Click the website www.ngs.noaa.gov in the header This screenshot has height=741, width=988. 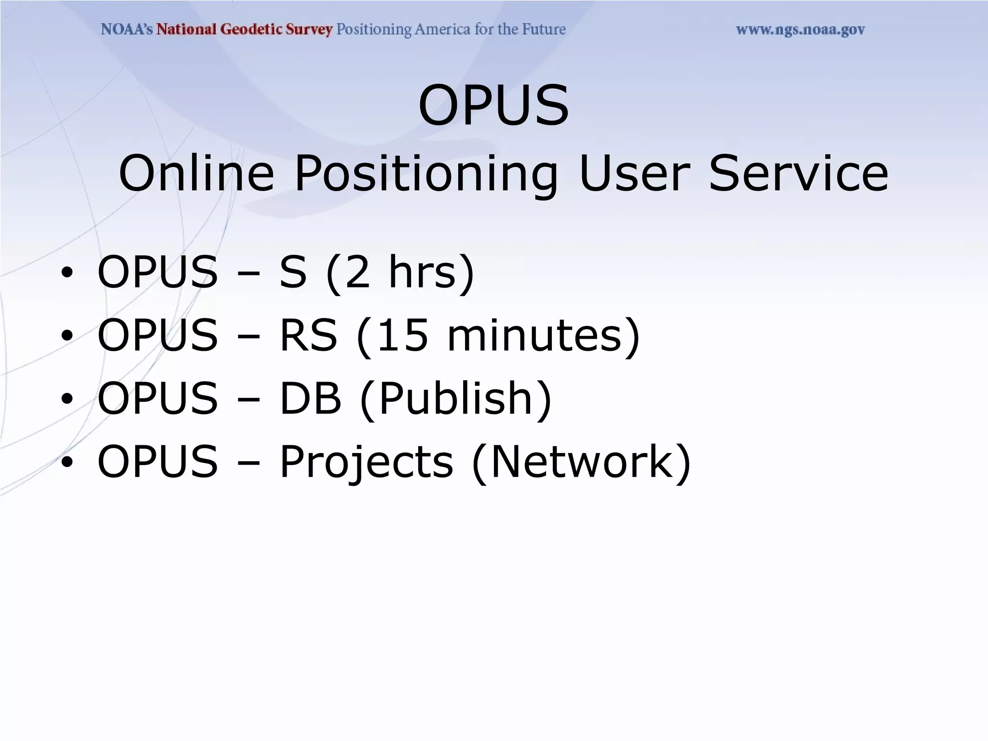click(x=800, y=30)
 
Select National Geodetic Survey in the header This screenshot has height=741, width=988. click(x=245, y=29)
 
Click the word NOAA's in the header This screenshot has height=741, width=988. click(x=127, y=29)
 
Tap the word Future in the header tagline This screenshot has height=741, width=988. click(x=544, y=29)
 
